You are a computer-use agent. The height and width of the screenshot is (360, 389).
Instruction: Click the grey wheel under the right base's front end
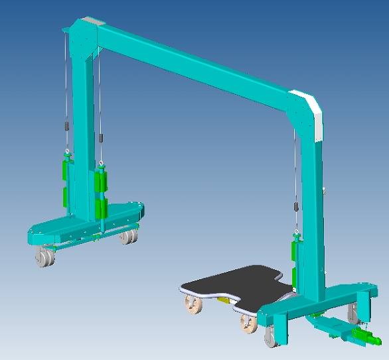pyautogui.click(x=271, y=337)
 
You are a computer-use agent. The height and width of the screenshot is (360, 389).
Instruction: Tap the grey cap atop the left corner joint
pyautogui.click(x=89, y=23)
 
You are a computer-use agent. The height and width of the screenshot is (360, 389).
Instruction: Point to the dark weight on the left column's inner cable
pyautogui.click(x=101, y=139)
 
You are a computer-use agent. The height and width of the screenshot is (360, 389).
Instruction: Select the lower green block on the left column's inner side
pyautogui.click(x=100, y=208)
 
